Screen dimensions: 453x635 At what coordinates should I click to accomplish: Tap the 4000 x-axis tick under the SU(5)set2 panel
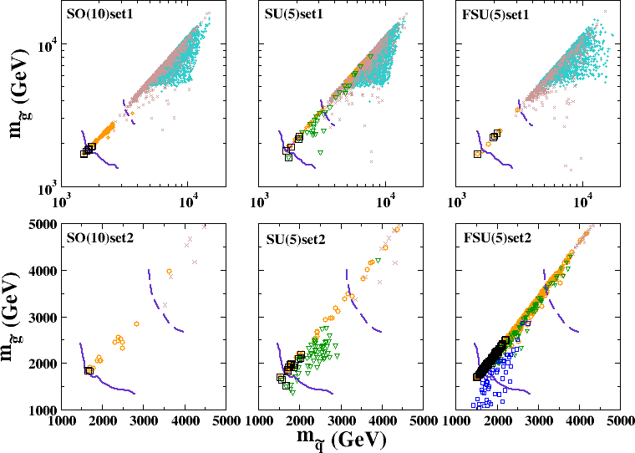pyautogui.click(x=382, y=421)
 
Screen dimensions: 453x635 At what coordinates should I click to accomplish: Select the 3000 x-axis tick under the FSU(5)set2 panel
pyautogui.click(x=538, y=421)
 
